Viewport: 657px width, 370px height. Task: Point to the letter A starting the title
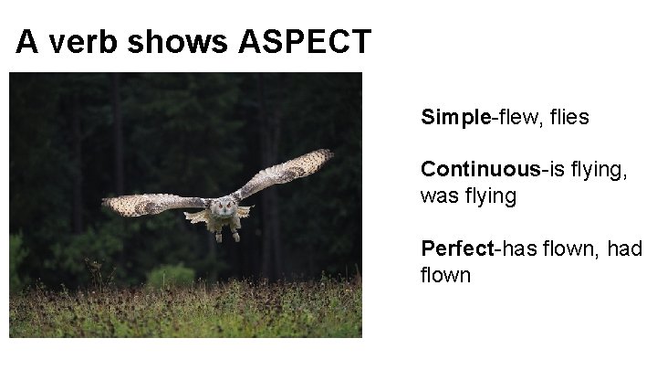click(27, 42)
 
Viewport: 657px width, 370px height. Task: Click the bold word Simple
click(456, 118)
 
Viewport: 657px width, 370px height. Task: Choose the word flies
click(568, 118)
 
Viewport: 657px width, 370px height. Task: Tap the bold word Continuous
click(480, 169)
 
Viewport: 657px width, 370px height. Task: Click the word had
click(623, 248)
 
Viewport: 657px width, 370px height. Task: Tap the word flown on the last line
click(446, 275)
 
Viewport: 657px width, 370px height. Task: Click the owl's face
click(219, 206)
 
